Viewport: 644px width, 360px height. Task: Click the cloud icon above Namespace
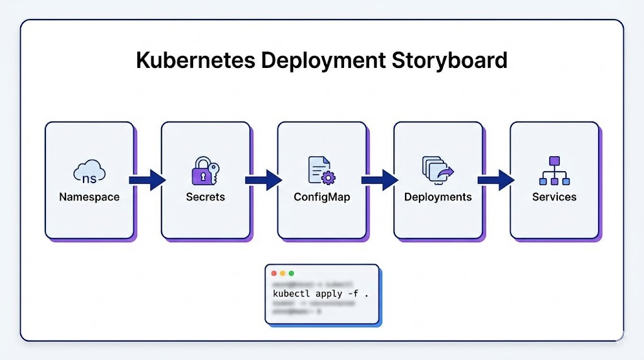coord(89,171)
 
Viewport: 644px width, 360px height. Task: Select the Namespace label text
coord(89,197)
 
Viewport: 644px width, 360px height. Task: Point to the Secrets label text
coord(206,197)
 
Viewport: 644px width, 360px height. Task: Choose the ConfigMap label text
coord(322,197)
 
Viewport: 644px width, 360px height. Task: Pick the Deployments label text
coord(438,197)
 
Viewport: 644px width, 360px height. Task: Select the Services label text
coord(554,197)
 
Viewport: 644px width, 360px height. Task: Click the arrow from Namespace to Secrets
coord(147,180)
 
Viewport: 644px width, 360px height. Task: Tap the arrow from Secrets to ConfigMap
coord(264,180)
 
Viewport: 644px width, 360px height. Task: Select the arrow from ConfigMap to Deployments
coord(380,180)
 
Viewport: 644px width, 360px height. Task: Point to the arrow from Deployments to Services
coord(496,180)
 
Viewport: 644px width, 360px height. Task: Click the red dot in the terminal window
coord(274,274)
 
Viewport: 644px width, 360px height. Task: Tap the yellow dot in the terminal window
coord(282,274)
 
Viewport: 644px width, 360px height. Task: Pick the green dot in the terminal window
coord(291,274)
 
